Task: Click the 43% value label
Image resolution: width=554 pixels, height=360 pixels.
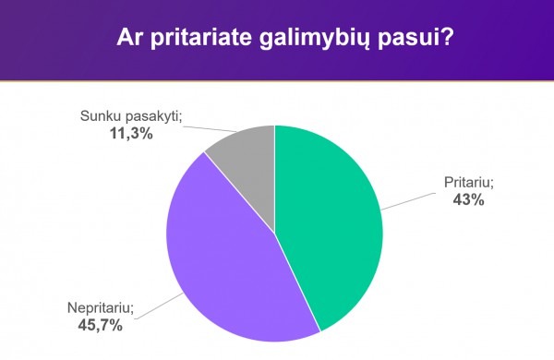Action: pyautogui.click(x=467, y=198)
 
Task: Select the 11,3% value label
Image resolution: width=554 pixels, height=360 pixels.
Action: pyautogui.click(x=130, y=133)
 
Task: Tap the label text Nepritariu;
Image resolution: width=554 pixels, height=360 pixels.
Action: pyautogui.click(x=101, y=307)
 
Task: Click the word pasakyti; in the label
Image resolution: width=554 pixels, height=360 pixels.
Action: pyautogui.click(x=153, y=117)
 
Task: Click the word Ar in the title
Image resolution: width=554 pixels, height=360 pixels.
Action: pyautogui.click(x=130, y=39)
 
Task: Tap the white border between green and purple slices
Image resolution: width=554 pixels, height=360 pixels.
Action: pyautogui.click(x=297, y=282)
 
